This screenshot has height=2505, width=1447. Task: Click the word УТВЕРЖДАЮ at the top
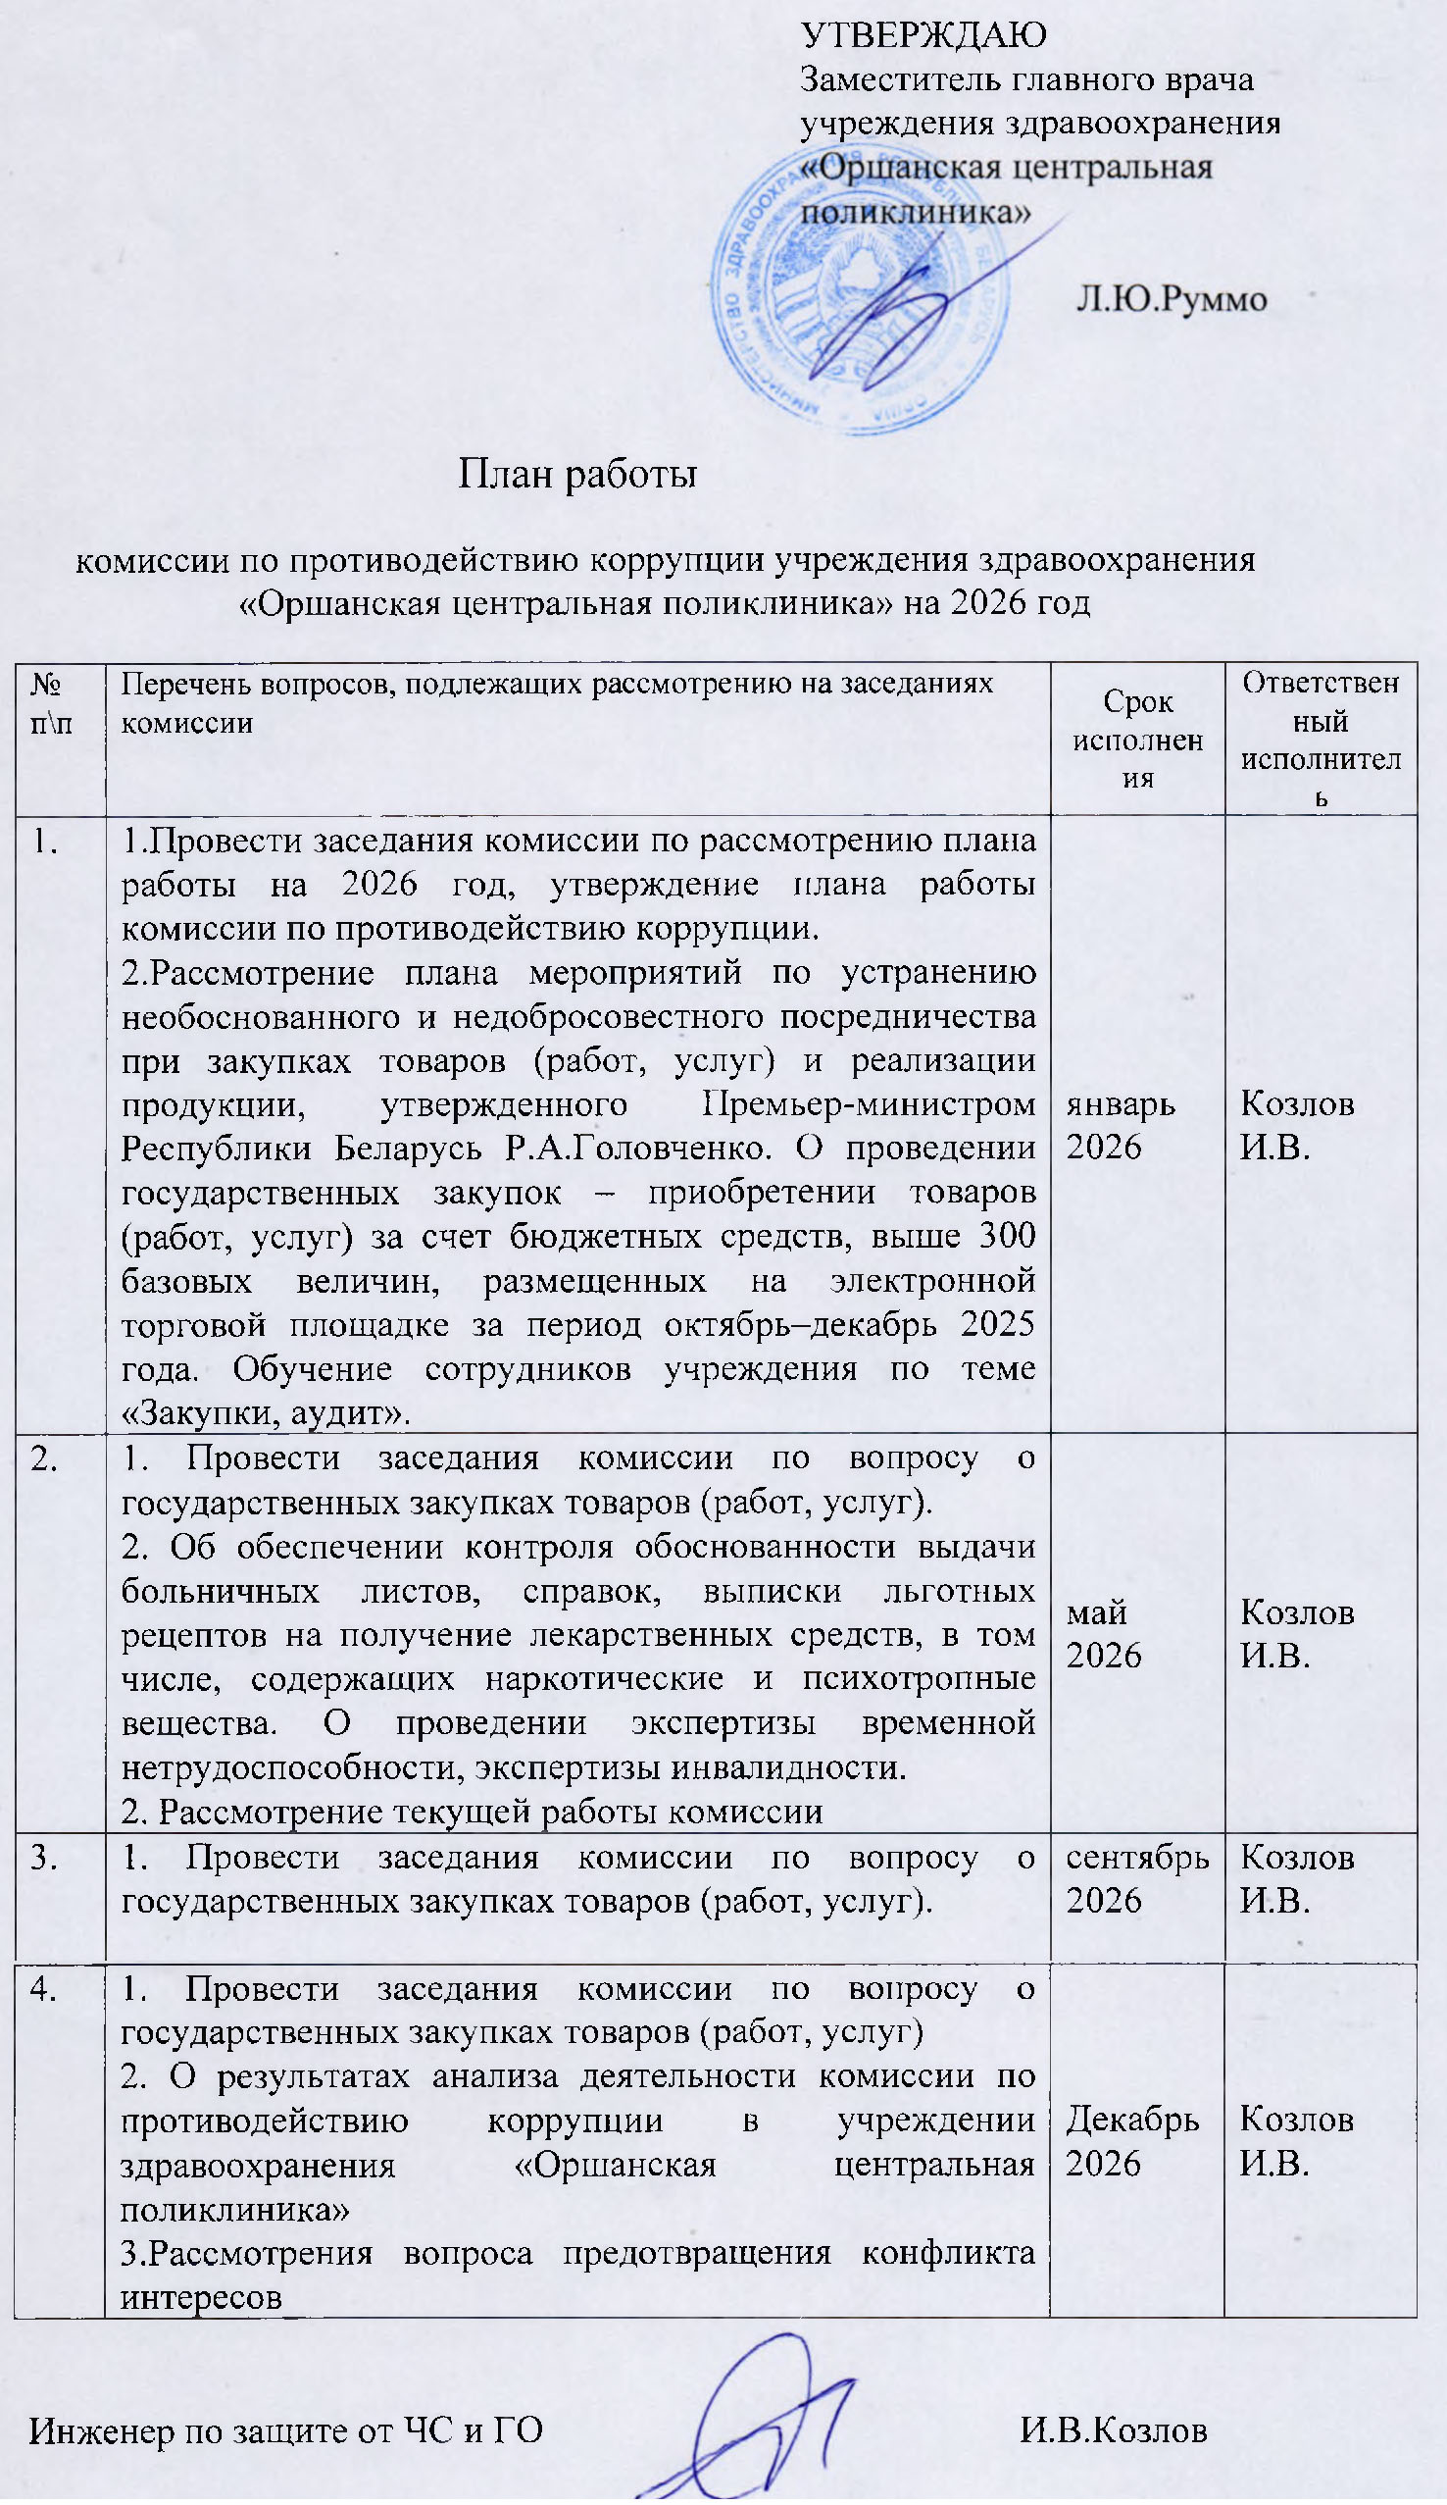(923, 34)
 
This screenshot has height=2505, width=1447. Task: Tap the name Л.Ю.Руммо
(1171, 298)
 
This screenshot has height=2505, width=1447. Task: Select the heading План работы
(576, 474)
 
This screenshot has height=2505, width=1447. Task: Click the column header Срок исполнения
(1137, 740)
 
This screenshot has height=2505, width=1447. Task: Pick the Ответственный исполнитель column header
(1320, 740)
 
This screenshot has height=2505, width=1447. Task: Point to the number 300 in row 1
(1007, 1236)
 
